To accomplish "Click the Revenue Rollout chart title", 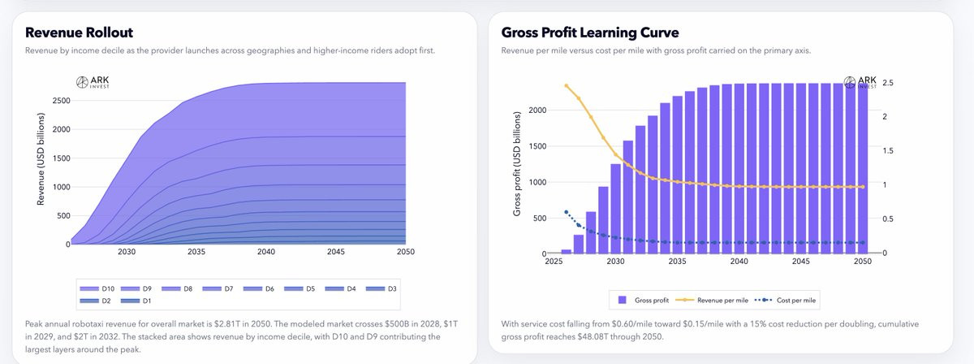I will coord(79,32).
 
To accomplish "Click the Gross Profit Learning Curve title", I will coord(590,32).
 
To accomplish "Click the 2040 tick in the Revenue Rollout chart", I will coord(265,253).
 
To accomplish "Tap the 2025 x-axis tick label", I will coord(554,262).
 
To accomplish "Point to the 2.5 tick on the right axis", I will coord(888,83).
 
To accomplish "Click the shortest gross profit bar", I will coord(567,251).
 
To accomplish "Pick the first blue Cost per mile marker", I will coord(567,212).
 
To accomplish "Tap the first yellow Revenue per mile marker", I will coord(567,85).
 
